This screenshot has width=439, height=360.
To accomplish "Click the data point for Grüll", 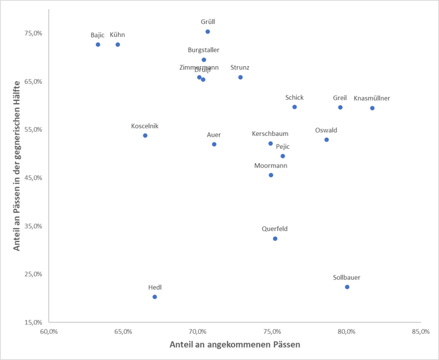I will tap(208, 32).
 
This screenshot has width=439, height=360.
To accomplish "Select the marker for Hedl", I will tap(155, 297).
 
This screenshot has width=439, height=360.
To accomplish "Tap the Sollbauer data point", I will tap(347, 287).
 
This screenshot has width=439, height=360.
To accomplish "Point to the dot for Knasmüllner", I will tap(372, 108).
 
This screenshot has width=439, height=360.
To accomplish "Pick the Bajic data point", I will tap(98, 45).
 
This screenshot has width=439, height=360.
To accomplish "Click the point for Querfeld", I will tap(275, 239).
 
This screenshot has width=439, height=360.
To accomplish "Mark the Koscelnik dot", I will tap(145, 135).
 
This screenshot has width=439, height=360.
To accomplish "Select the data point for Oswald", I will tap(327, 140).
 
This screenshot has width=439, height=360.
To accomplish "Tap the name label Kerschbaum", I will tap(270, 134).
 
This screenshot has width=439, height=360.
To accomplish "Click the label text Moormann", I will tap(271, 166).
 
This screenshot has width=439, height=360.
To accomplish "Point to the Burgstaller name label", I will tap(203, 50).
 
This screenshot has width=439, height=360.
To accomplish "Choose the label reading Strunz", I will tap(240, 68).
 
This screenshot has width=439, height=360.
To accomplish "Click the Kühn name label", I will tap(117, 35).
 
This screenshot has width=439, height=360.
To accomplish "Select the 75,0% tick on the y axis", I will tap(34, 33).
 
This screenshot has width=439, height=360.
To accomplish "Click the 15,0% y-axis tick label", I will tap(34, 323).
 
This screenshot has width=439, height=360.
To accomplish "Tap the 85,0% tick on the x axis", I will tap(421, 331).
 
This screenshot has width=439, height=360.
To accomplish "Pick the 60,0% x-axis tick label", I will tap(49, 331).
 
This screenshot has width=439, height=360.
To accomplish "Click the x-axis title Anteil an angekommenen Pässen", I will tap(235, 344).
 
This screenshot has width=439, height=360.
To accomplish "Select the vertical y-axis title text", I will tap(17, 166).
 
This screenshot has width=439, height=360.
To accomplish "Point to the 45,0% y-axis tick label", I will tap(34, 178).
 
